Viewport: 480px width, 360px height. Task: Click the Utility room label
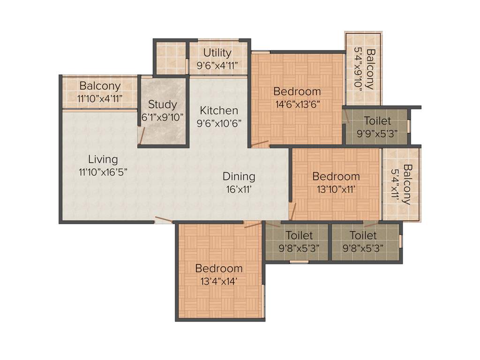click(x=217, y=52)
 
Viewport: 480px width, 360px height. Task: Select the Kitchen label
click(x=219, y=111)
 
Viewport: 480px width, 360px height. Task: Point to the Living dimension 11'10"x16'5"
click(x=103, y=172)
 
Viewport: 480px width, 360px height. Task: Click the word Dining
click(x=239, y=177)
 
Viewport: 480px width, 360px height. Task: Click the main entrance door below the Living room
click(x=163, y=219)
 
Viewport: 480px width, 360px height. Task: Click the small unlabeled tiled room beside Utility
click(x=170, y=59)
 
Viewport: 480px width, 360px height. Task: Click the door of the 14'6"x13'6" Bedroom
click(x=260, y=143)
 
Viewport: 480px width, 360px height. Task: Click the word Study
click(x=162, y=104)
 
